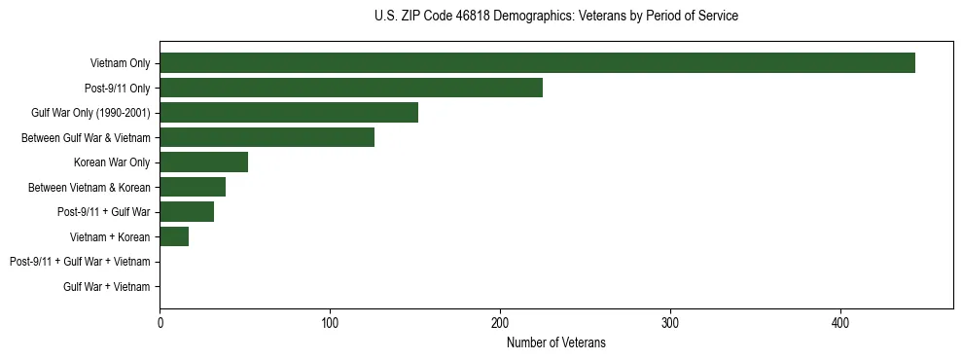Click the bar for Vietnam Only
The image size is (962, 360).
pyautogui.click(x=537, y=63)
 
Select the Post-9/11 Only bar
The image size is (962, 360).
pyautogui.click(x=351, y=88)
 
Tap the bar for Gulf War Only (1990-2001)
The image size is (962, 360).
pyautogui.click(x=289, y=113)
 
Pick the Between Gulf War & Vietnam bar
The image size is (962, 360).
pyautogui.click(x=267, y=137)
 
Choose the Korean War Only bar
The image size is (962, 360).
pyautogui.click(x=203, y=162)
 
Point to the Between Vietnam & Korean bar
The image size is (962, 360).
pyautogui.click(x=193, y=187)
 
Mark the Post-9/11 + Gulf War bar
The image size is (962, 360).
pyautogui.click(x=187, y=212)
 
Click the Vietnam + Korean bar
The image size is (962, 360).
pyautogui.click(x=174, y=236)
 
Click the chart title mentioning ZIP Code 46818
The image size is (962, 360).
pyautogui.click(x=555, y=17)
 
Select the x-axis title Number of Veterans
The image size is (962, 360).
pyautogui.click(x=555, y=342)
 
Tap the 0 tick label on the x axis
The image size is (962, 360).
pyautogui.click(x=160, y=322)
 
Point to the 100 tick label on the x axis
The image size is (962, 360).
pyautogui.click(x=330, y=322)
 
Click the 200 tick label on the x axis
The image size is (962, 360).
pyautogui.click(x=500, y=322)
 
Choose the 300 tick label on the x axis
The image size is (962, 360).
pyautogui.click(x=670, y=322)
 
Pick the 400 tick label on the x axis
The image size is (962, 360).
pyautogui.click(x=840, y=322)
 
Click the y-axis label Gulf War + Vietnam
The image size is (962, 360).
pyautogui.click(x=106, y=287)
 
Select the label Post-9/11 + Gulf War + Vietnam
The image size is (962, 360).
pyautogui.click(x=80, y=262)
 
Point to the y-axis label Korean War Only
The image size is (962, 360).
pyautogui.click(x=112, y=162)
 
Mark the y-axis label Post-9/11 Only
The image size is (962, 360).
pyautogui.click(x=117, y=89)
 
